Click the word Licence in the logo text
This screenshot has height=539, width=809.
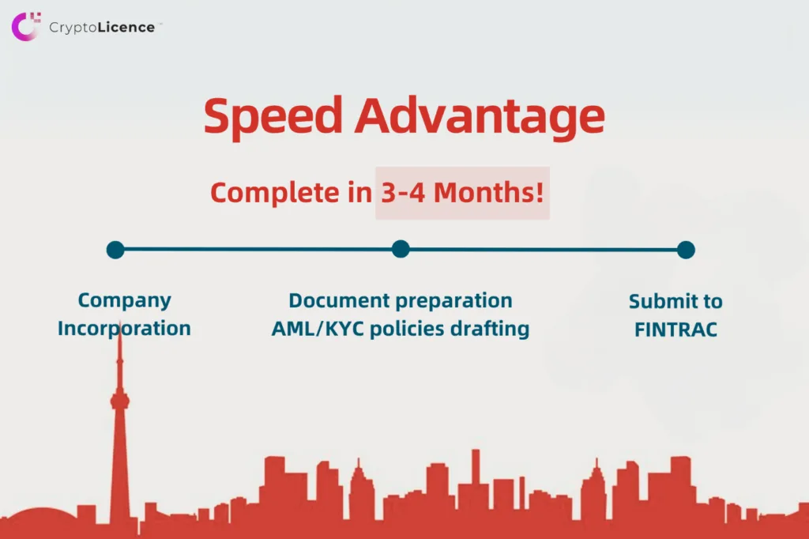click(126, 28)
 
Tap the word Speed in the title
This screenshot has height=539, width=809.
click(273, 117)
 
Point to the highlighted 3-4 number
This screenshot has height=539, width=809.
click(403, 193)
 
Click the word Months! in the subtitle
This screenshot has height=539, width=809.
click(488, 192)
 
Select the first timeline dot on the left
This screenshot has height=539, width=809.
click(115, 250)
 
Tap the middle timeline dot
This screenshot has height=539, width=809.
click(401, 249)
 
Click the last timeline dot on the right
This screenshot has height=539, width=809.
click(686, 250)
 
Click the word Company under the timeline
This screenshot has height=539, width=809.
click(124, 301)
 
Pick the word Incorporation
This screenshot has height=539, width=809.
click(124, 329)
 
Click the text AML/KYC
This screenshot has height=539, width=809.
click(318, 329)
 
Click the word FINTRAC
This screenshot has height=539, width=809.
click(676, 330)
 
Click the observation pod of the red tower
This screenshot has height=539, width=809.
click(120, 401)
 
